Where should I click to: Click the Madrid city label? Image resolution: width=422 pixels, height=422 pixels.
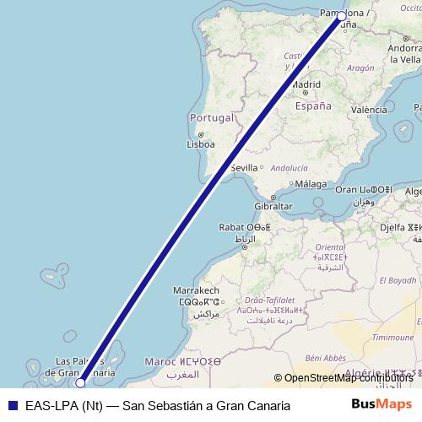point(306,84)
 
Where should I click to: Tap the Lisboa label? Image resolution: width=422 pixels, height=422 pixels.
point(201,143)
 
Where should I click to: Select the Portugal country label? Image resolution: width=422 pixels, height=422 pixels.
point(211,117)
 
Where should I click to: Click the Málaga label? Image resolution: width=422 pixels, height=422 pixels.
point(311,184)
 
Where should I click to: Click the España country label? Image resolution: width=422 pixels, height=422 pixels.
point(313,106)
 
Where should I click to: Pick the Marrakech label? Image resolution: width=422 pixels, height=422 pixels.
point(196,289)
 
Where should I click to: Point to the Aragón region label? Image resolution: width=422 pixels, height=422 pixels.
point(360,68)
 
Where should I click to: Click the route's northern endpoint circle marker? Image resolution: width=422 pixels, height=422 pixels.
point(341,16)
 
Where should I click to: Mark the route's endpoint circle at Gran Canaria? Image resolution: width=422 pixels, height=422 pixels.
point(80,382)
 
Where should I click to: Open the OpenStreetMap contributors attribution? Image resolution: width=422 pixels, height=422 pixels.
point(347,378)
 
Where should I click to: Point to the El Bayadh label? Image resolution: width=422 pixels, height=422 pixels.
point(398,280)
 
